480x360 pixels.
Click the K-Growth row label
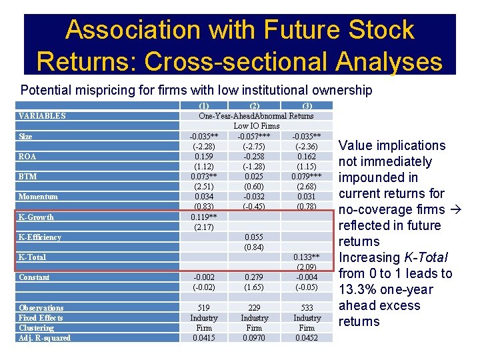pyautogui.click(x=37, y=217)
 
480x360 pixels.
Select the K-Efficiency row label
pyautogui.click(x=40, y=237)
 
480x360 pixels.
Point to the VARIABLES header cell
pyautogui.click(x=42, y=116)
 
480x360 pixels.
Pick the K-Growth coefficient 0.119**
pyautogui.click(x=204, y=217)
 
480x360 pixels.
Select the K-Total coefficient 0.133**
pyautogui.click(x=307, y=257)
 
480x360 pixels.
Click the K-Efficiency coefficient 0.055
pyautogui.click(x=255, y=237)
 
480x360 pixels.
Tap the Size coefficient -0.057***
pyautogui.click(x=255, y=137)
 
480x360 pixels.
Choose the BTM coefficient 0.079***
pyautogui.click(x=307, y=177)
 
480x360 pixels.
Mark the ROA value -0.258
pyautogui.click(x=255, y=157)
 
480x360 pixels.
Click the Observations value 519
pyautogui.click(x=204, y=308)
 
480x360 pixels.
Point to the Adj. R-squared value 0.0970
pyautogui.click(x=255, y=338)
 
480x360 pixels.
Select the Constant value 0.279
pyautogui.click(x=255, y=277)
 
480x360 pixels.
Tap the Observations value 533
pyautogui.click(x=307, y=308)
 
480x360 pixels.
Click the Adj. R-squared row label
pyautogui.click(x=45, y=338)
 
